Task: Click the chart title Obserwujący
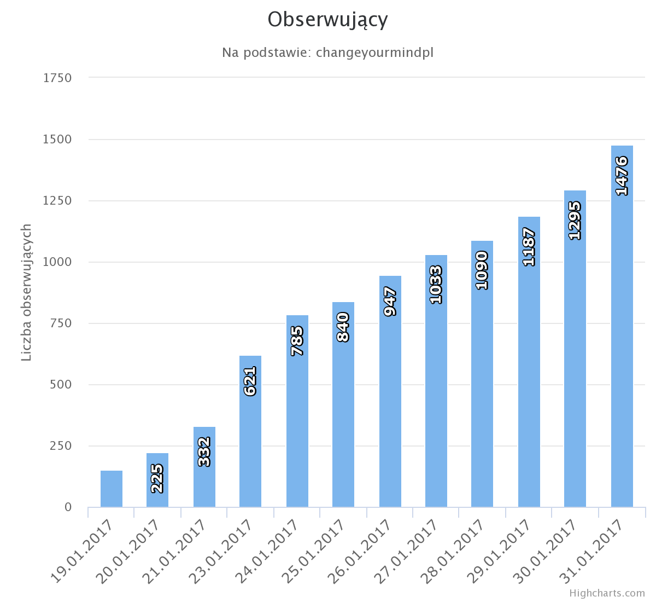pos(327,20)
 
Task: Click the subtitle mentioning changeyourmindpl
pos(327,53)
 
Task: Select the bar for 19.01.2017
pos(112,489)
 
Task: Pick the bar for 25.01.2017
pos(343,404)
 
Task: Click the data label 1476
pos(622,176)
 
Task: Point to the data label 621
pos(250,381)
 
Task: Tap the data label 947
pos(390,302)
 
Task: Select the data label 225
pos(157,478)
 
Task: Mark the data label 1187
pos(529,247)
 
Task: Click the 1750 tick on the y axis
pos(57,78)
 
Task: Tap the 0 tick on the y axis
pos(68,507)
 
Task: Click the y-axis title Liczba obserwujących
pos(26,292)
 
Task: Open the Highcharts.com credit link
pos(607,593)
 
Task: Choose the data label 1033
pos(436,285)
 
